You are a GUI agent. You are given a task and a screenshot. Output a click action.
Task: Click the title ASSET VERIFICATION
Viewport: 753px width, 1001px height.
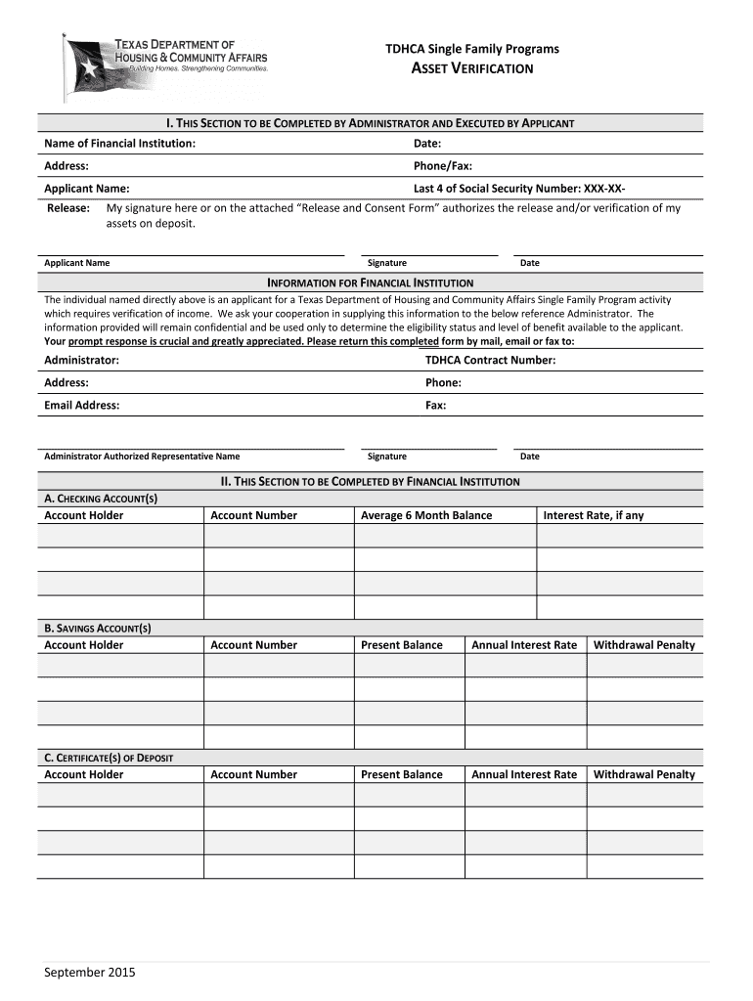(x=471, y=68)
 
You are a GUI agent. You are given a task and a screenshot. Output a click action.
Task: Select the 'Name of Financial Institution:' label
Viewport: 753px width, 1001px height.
(x=119, y=144)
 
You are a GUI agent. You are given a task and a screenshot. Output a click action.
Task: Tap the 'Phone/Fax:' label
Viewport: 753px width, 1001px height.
(x=443, y=166)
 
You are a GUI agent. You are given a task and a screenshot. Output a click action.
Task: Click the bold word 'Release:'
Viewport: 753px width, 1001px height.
(x=69, y=208)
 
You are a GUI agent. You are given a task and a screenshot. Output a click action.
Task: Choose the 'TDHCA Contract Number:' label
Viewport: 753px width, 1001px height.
(x=490, y=361)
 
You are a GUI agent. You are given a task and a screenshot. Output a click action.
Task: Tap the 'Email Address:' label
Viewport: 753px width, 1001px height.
(x=82, y=406)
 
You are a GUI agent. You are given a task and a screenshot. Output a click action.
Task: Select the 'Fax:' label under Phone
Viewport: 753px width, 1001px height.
(x=435, y=406)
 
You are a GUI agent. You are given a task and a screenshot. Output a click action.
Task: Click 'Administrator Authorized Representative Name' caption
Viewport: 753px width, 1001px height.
(x=142, y=457)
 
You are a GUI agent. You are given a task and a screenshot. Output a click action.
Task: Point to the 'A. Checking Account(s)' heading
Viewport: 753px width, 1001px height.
(x=101, y=499)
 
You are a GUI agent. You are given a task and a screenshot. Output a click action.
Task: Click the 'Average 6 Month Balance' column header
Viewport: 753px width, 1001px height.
(x=426, y=516)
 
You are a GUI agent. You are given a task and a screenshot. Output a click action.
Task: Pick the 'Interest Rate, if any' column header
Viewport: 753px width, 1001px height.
(x=593, y=516)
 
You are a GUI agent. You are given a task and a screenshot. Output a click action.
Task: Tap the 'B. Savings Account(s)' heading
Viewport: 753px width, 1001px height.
(x=98, y=629)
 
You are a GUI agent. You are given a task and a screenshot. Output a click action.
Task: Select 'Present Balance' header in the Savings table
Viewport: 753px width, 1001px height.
(x=401, y=645)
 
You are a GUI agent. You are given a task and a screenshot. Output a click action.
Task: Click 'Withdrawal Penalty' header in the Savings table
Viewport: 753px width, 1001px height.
(x=643, y=645)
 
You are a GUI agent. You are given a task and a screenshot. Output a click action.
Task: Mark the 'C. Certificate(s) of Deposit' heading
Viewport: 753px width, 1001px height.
(x=109, y=758)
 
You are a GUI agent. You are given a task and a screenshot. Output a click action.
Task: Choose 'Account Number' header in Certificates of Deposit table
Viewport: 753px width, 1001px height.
(x=253, y=775)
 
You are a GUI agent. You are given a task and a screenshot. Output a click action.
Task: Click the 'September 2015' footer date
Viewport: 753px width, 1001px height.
(x=90, y=973)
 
